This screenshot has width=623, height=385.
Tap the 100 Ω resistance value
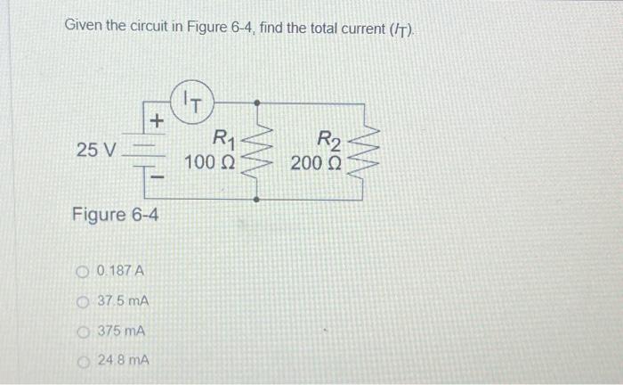point(210,163)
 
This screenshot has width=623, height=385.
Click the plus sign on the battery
point(156,119)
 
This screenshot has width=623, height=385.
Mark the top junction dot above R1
point(258,102)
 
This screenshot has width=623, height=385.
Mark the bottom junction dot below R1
point(258,201)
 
